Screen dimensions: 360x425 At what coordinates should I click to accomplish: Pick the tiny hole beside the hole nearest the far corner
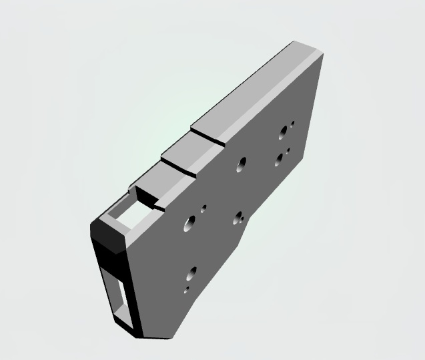pos(292,124)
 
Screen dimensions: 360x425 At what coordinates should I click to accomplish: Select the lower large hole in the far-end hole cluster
pos(280,159)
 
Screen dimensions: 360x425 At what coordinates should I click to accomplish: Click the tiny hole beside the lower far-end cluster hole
pos(288,151)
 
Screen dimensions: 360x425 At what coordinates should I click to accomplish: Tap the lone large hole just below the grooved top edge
pos(241,164)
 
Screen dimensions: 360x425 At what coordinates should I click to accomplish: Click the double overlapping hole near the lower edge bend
pos(238,218)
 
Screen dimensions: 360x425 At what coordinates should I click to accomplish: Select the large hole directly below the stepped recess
pos(189,222)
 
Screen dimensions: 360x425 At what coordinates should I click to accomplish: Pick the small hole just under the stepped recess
pos(203,208)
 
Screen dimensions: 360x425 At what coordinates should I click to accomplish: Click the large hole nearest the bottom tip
pos(192,273)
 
